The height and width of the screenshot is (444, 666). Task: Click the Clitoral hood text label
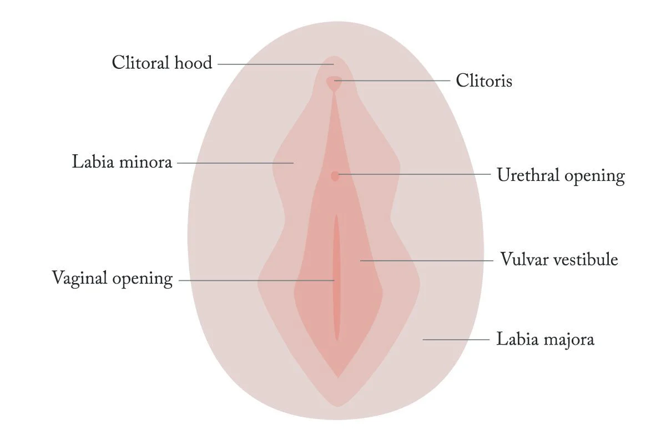(162, 63)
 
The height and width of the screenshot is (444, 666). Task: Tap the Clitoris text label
(484, 81)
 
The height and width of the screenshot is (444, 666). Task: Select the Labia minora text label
(122, 163)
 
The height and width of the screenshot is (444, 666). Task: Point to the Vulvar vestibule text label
(559, 260)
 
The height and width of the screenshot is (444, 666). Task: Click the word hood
(194, 63)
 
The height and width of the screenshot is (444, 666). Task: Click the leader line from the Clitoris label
(394, 80)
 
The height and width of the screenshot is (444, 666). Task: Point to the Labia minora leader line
(233, 163)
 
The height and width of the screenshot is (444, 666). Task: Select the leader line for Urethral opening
(416, 174)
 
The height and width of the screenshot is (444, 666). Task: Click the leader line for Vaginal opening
(255, 280)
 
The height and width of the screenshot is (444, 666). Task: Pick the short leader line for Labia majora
(456, 339)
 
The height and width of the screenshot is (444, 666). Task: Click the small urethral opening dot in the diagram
(335, 176)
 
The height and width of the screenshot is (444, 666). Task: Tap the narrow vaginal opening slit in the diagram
(336, 277)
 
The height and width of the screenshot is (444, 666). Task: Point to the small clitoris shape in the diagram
(334, 83)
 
